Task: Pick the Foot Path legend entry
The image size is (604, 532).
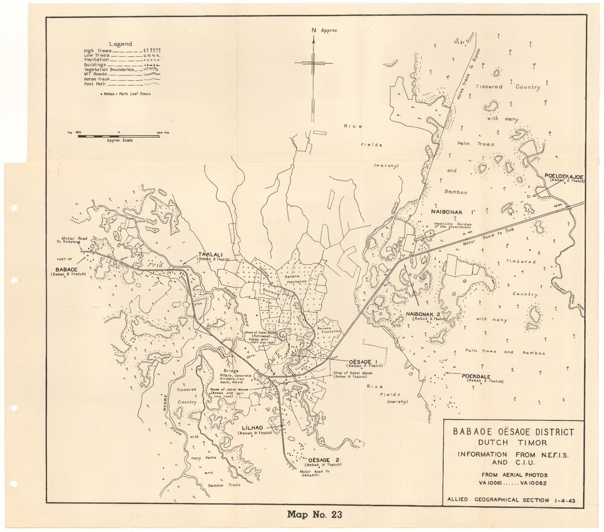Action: point(95,85)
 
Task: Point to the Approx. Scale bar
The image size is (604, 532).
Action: point(118,136)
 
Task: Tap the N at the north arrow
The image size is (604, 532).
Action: point(313,30)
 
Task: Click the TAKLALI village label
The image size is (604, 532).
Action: point(208,255)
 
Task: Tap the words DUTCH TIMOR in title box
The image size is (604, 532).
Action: point(513,443)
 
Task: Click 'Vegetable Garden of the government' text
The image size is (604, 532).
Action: point(452,226)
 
